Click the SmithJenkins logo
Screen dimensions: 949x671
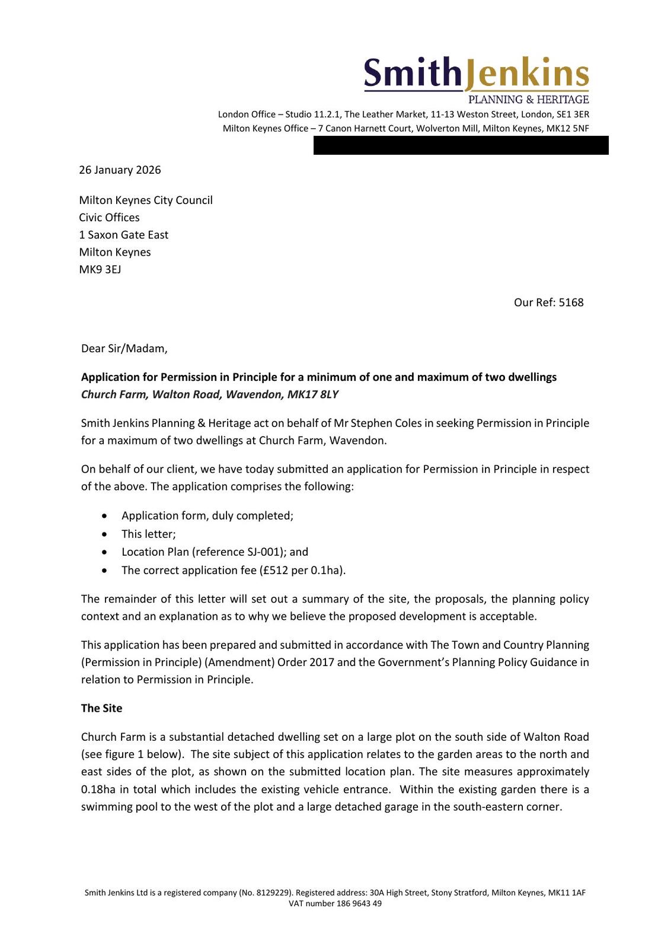pos(476,74)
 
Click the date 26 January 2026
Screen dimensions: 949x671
pos(120,170)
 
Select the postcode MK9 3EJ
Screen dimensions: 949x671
pos(100,269)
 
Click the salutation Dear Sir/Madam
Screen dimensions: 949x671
pos(124,349)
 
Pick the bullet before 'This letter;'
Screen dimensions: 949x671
pos(105,534)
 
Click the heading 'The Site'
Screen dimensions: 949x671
pos(101,708)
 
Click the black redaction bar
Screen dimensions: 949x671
pos(461,145)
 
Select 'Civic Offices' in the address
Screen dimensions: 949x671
pos(109,218)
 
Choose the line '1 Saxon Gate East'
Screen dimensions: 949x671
pos(123,235)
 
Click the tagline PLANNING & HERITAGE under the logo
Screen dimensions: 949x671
pos(528,100)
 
